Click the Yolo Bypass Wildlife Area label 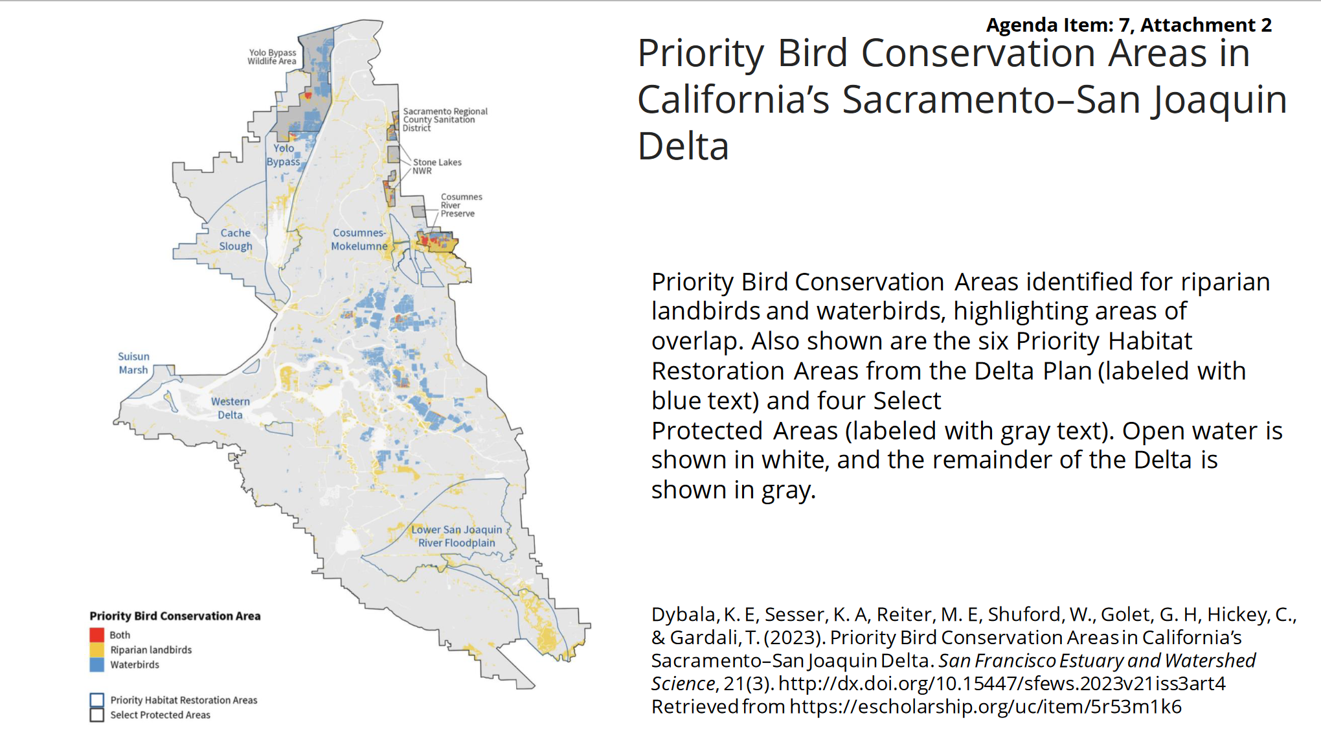coord(272,57)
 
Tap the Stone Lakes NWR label coord(437,167)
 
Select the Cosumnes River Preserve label coord(461,205)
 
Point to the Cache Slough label coord(236,240)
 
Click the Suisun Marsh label coord(133,363)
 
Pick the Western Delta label coord(230,408)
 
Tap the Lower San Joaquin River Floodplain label coord(457,536)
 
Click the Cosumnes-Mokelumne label coord(359,239)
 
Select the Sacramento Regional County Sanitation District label coord(445,120)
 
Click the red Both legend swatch coord(97,635)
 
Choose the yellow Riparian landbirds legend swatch coord(97,650)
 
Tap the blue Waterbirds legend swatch coord(97,664)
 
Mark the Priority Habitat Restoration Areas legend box coord(97,700)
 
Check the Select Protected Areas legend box coord(97,715)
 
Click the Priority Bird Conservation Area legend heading coord(175,616)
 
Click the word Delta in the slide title coord(683,146)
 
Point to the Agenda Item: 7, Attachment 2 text coord(1129,25)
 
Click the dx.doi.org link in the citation coord(1002,684)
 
